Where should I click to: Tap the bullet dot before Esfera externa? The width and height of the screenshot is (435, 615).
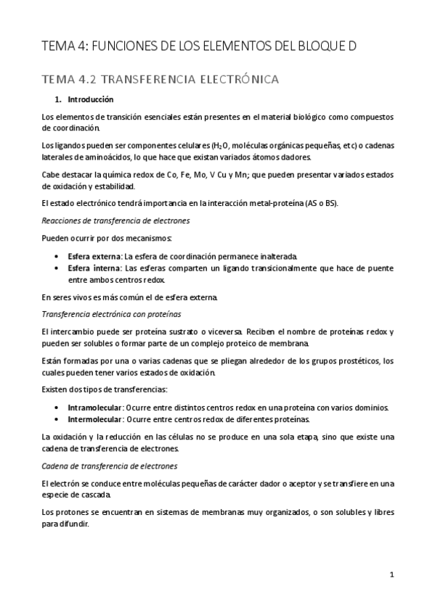(57, 257)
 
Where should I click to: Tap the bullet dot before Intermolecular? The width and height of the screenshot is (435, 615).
(57, 419)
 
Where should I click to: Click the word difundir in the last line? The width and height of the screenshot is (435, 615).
(72, 524)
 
